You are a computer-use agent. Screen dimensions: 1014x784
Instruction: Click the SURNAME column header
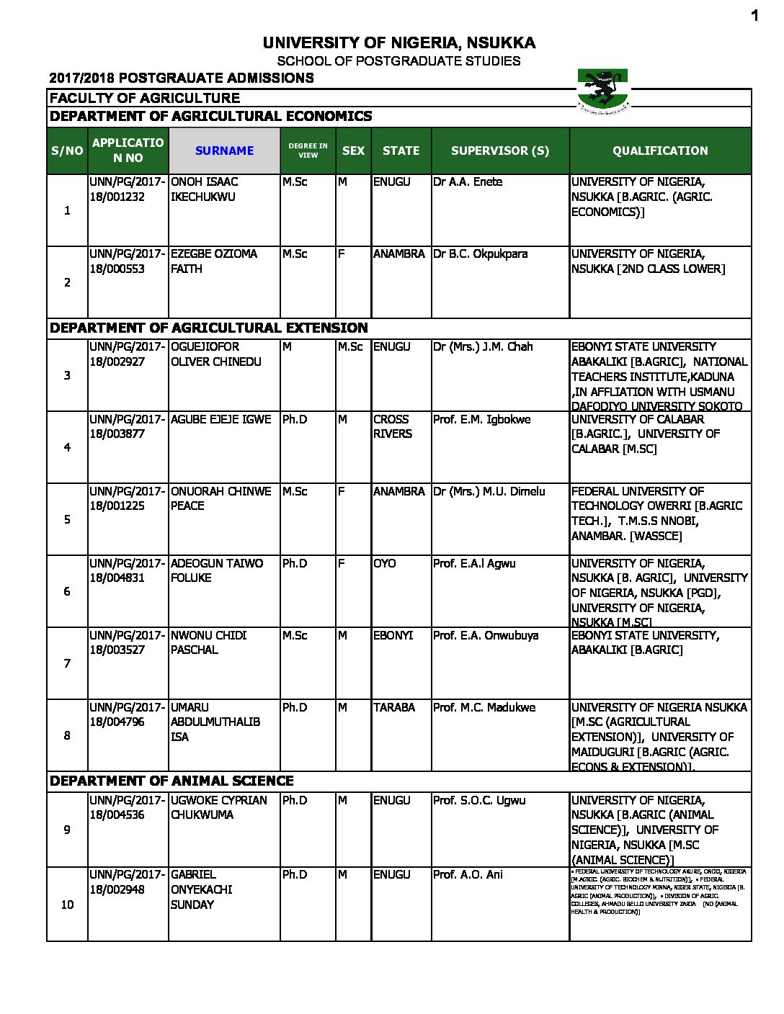224,151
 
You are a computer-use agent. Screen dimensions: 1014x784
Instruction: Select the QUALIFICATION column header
660,151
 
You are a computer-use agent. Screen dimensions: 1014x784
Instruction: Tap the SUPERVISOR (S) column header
499,151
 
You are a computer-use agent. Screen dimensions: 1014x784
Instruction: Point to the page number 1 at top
754,16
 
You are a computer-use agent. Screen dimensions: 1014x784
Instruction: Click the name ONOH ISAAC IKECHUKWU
204,189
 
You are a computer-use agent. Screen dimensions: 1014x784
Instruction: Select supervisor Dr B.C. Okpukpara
480,254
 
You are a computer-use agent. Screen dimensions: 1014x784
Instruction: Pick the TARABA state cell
393,708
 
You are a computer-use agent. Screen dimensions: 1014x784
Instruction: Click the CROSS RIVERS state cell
393,426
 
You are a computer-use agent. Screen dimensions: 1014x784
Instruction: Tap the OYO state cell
384,563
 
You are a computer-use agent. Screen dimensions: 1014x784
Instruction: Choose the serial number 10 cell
67,905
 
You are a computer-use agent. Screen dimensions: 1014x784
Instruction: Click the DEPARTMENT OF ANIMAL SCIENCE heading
171,781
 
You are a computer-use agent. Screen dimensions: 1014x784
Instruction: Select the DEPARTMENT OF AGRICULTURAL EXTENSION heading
208,328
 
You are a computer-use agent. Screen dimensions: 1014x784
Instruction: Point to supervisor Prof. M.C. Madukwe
484,708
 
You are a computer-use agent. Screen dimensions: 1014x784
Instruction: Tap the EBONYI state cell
393,635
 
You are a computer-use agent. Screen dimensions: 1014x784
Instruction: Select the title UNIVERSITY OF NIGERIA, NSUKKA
398,43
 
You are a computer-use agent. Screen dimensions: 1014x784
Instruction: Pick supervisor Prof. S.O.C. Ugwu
479,801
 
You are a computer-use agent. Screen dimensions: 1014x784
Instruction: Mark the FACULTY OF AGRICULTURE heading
144,98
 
